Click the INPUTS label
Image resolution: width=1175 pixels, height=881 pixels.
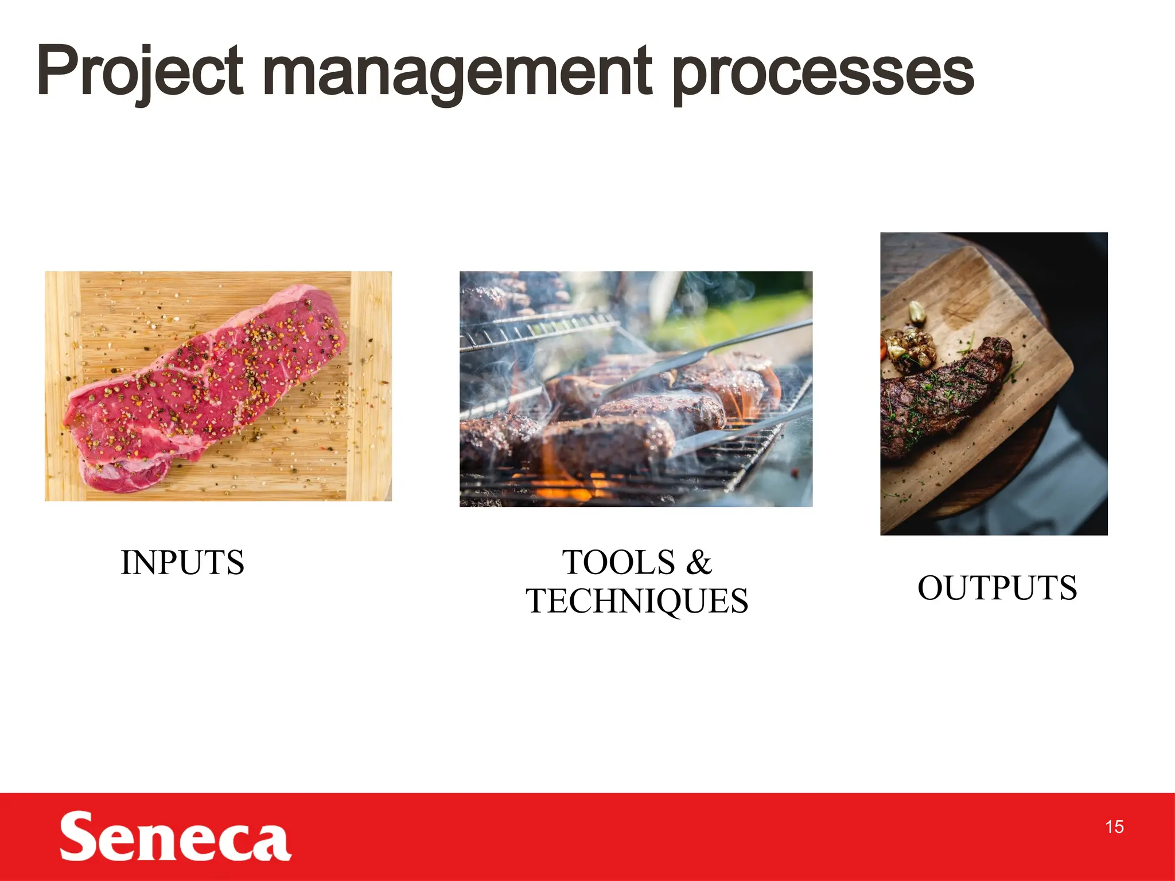click(182, 563)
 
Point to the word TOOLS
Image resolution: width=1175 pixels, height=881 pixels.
click(618, 563)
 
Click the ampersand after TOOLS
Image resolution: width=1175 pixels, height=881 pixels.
click(698, 563)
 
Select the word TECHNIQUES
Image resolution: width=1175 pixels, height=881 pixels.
click(637, 601)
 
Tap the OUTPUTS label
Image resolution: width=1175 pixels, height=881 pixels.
click(997, 588)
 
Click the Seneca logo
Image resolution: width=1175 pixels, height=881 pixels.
click(175, 836)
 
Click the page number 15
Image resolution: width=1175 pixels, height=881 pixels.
click(1114, 827)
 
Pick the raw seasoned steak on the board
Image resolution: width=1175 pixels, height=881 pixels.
click(207, 384)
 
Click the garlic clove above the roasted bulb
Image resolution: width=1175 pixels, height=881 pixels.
click(917, 313)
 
